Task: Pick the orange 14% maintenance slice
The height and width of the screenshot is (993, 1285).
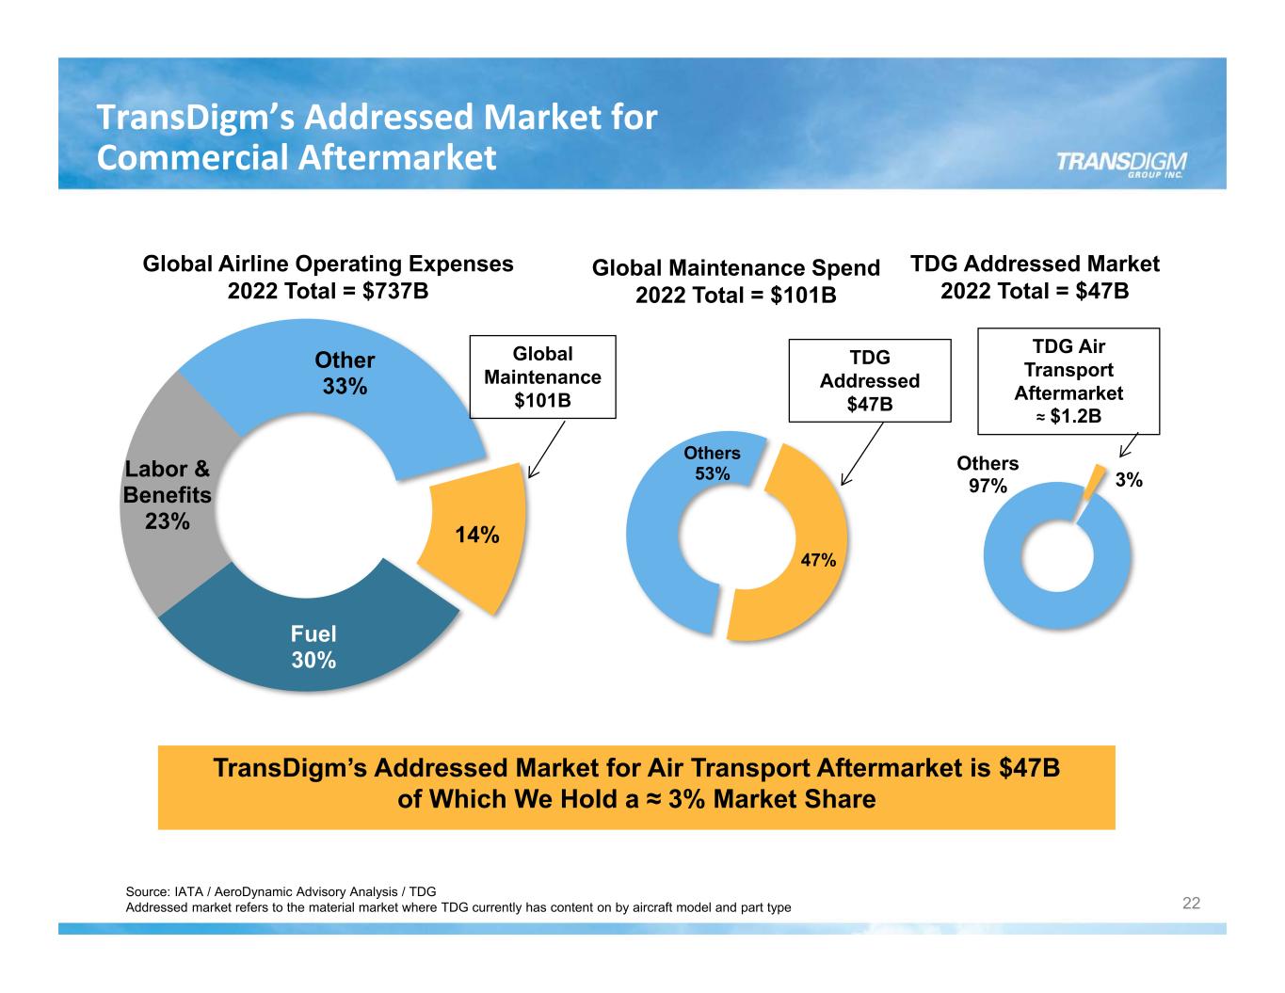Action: pyautogui.click(x=475, y=537)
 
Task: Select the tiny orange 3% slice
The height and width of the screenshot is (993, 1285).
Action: pyautogui.click(x=1092, y=482)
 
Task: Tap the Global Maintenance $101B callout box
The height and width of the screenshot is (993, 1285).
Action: pyautogui.click(x=542, y=376)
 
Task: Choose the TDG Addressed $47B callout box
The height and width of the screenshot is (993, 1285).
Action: pyautogui.click(x=869, y=380)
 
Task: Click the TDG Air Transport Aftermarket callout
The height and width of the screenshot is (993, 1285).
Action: pyautogui.click(x=1068, y=381)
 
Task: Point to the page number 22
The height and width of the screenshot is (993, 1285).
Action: pyautogui.click(x=1191, y=904)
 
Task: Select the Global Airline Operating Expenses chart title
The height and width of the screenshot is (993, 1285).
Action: pyautogui.click(x=328, y=277)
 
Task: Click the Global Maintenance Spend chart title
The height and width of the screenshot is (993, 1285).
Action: pyautogui.click(x=735, y=281)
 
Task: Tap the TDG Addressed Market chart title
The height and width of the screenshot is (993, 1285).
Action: pyautogui.click(x=1035, y=277)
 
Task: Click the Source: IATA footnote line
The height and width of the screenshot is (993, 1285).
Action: pyautogui.click(x=281, y=891)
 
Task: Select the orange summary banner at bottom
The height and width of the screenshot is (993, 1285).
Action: pyautogui.click(x=636, y=787)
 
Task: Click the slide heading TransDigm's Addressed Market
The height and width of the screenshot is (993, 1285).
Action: pyautogui.click(x=377, y=137)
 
